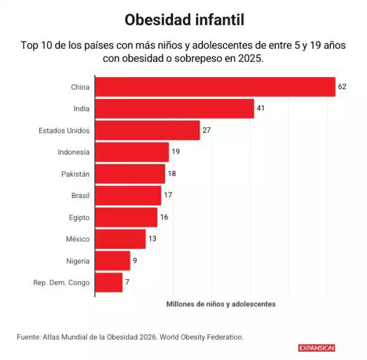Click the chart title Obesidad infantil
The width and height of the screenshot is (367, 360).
pyautogui.click(x=184, y=20)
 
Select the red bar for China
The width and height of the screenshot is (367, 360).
pyautogui.click(x=215, y=87)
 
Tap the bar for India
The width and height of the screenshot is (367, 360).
pyautogui.click(x=174, y=109)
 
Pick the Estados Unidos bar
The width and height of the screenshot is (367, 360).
pyautogui.click(x=147, y=130)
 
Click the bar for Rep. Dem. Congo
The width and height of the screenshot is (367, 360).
pyautogui.click(x=109, y=282)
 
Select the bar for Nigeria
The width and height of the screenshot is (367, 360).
pyautogui.click(x=113, y=261)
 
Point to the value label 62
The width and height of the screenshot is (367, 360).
pyautogui.click(x=342, y=87)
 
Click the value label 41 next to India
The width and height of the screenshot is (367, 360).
pyautogui.click(x=261, y=109)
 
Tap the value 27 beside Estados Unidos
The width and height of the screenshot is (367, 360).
pyautogui.click(x=207, y=130)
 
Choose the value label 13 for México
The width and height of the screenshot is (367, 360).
pyautogui.click(x=152, y=239)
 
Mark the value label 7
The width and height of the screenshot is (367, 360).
pyautogui.click(x=127, y=282)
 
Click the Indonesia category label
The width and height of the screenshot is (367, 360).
pyautogui.click(x=73, y=152)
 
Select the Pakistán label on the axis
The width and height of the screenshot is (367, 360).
pyautogui.click(x=75, y=174)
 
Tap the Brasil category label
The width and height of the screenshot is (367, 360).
pyautogui.click(x=80, y=196)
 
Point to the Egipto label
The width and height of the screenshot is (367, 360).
pyautogui.click(x=80, y=218)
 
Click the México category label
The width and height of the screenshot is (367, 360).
pyautogui.click(x=78, y=239)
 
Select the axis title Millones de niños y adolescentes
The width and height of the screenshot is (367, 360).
pyautogui.click(x=221, y=304)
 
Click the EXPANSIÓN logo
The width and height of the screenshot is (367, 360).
pyautogui.click(x=316, y=348)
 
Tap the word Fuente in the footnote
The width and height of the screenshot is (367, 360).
pyautogui.click(x=29, y=337)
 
